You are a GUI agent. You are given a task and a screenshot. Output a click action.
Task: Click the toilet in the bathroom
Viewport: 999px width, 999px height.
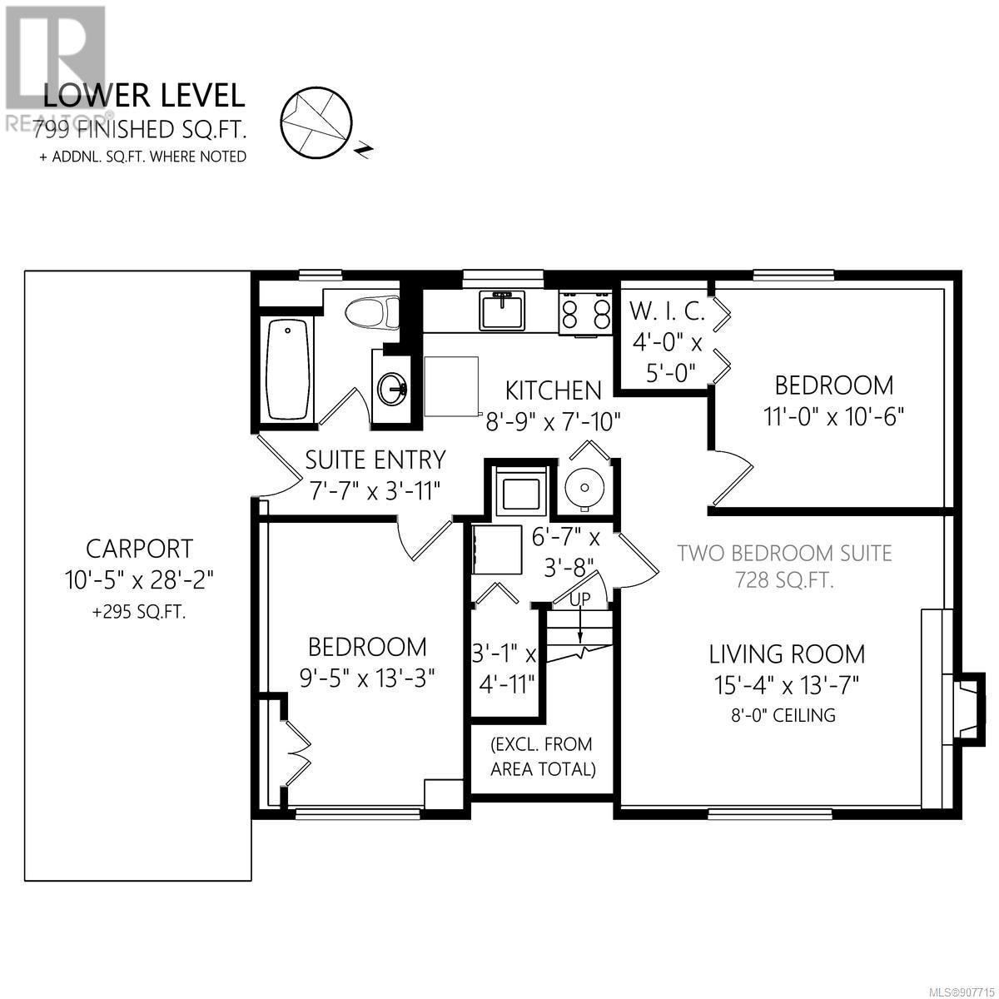pos(372,312)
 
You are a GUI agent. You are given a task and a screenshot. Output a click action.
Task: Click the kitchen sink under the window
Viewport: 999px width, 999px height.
pos(502,310)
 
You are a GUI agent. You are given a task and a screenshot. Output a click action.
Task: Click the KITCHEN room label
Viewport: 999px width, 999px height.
pos(553,391)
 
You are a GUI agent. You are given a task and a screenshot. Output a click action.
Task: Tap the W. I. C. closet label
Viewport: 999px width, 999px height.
pos(667,311)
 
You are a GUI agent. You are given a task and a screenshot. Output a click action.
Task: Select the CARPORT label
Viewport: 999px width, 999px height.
pos(140,549)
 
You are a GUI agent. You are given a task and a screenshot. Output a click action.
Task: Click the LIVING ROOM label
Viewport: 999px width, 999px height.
pos(787,654)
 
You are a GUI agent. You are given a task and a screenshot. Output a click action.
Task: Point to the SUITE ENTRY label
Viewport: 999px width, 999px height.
pos(375,460)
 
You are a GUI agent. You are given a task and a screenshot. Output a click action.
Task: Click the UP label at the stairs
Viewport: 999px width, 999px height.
pos(579,599)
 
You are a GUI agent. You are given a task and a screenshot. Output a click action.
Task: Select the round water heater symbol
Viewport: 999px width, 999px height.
pos(584,487)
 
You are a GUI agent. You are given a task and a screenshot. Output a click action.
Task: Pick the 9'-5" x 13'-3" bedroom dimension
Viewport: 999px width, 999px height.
pos(367,677)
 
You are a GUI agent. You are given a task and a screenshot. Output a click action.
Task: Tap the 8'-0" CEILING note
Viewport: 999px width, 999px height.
pos(783,715)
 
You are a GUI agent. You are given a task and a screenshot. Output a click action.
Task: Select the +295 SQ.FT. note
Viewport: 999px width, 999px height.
pos(139,612)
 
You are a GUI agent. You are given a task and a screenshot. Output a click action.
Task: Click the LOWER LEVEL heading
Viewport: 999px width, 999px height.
pos(144,96)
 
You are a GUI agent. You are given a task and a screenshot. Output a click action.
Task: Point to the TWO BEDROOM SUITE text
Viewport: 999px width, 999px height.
pos(784,554)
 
